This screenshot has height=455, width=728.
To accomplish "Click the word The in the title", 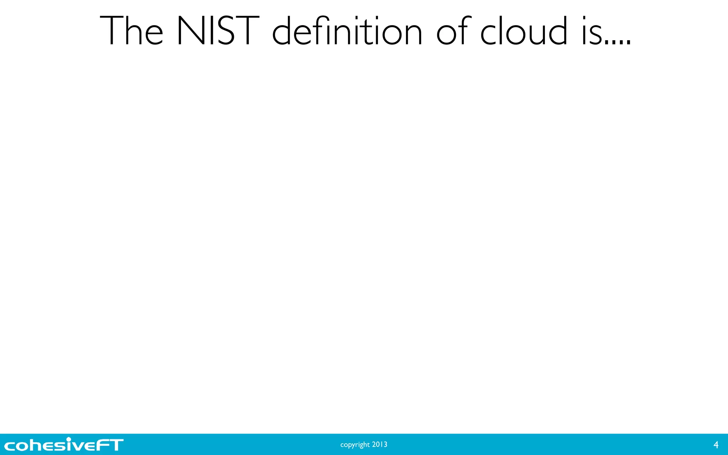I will pos(132,31).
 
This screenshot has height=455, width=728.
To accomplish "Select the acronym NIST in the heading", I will pos(218,31).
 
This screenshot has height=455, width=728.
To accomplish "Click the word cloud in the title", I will pos(524,31).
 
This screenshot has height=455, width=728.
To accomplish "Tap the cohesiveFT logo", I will pos(64,444).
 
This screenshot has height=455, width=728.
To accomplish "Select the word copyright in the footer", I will pos(355,445).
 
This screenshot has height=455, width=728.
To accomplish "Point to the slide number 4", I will pos(716,445).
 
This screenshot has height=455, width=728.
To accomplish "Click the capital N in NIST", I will pos(191,31).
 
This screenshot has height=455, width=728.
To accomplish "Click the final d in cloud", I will pos(557,31).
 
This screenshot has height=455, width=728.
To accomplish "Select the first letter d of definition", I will pos(284,31).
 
